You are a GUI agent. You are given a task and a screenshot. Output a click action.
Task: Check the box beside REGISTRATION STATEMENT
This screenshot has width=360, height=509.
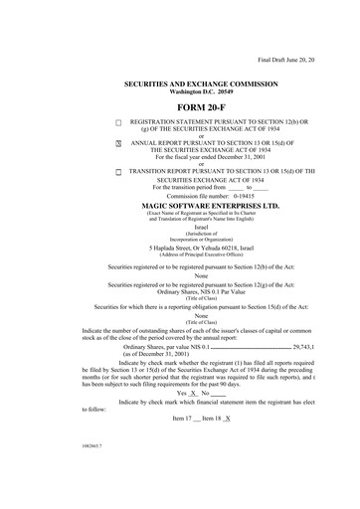[117, 121]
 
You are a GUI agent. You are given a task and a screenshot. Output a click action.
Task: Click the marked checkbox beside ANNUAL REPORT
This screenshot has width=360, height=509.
[117, 144]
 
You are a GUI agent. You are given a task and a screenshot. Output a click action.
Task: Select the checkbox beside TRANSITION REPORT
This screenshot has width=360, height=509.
[117, 171]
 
